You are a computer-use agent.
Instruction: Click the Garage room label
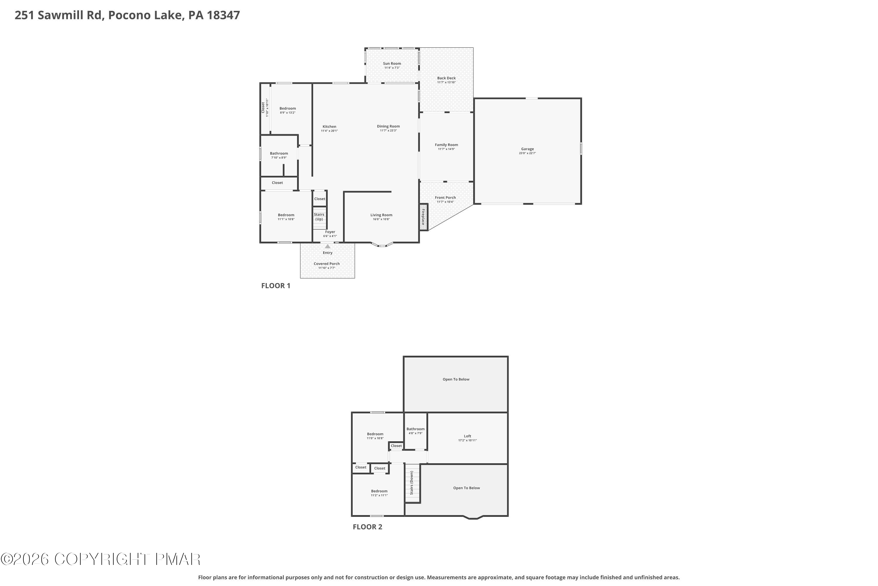[x=527, y=149]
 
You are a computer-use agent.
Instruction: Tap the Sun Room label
[x=392, y=64]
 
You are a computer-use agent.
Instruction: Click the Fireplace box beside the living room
[x=423, y=217]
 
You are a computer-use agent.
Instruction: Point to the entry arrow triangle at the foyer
[x=327, y=246]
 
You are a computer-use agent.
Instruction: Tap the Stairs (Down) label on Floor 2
[x=412, y=483]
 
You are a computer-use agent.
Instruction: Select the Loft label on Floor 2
[x=467, y=436]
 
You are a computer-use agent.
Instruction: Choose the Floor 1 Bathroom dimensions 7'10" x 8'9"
[x=279, y=158]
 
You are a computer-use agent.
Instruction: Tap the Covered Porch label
[x=326, y=263]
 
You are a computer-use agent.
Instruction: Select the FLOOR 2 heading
[x=367, y=527]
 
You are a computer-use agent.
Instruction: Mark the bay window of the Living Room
[x=382, y=245]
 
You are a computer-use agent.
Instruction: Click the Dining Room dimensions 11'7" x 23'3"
[x=388, y=130]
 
